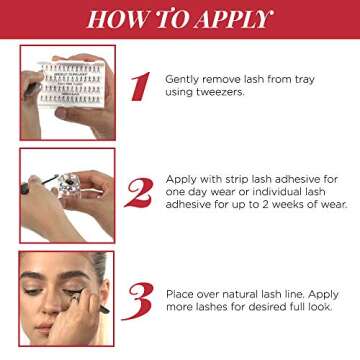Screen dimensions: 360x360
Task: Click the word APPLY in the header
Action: pyautogui.click(x=234, y=19)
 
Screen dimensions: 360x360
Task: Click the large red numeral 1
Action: pyautogui.click(x=141, y=86)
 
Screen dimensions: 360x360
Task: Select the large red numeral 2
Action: pyautogui.click(x=139, y=193)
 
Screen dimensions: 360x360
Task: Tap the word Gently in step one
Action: pyautogui.click(x=182, y=80)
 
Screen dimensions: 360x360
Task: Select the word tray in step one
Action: pyautogui.click(x=302, y=80)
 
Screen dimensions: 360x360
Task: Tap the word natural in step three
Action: pyautogui.click(x=244, y=295)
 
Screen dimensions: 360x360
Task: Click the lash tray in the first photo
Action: pyautogui.click(x=72, y=85)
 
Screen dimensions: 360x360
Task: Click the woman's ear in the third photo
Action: pyautogui.click(x=104, y=293)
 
